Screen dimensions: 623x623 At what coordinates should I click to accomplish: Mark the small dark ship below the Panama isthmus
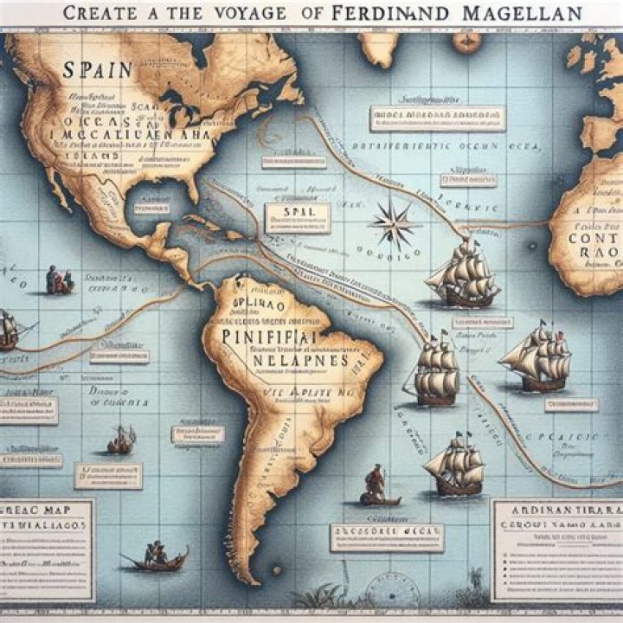[x=121, y=441]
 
